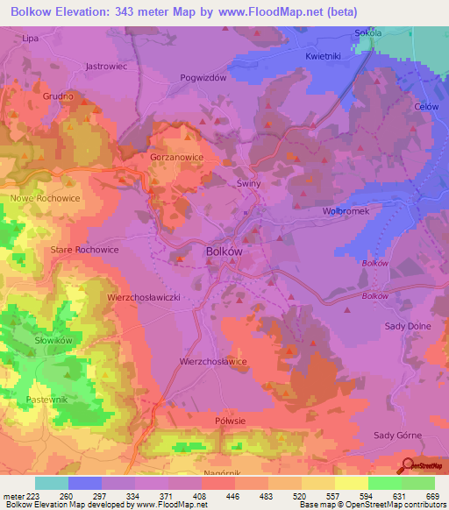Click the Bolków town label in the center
click(x=223, y=250)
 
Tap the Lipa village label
click(x=30, y=39)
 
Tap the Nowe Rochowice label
click(x=45, y=198)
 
